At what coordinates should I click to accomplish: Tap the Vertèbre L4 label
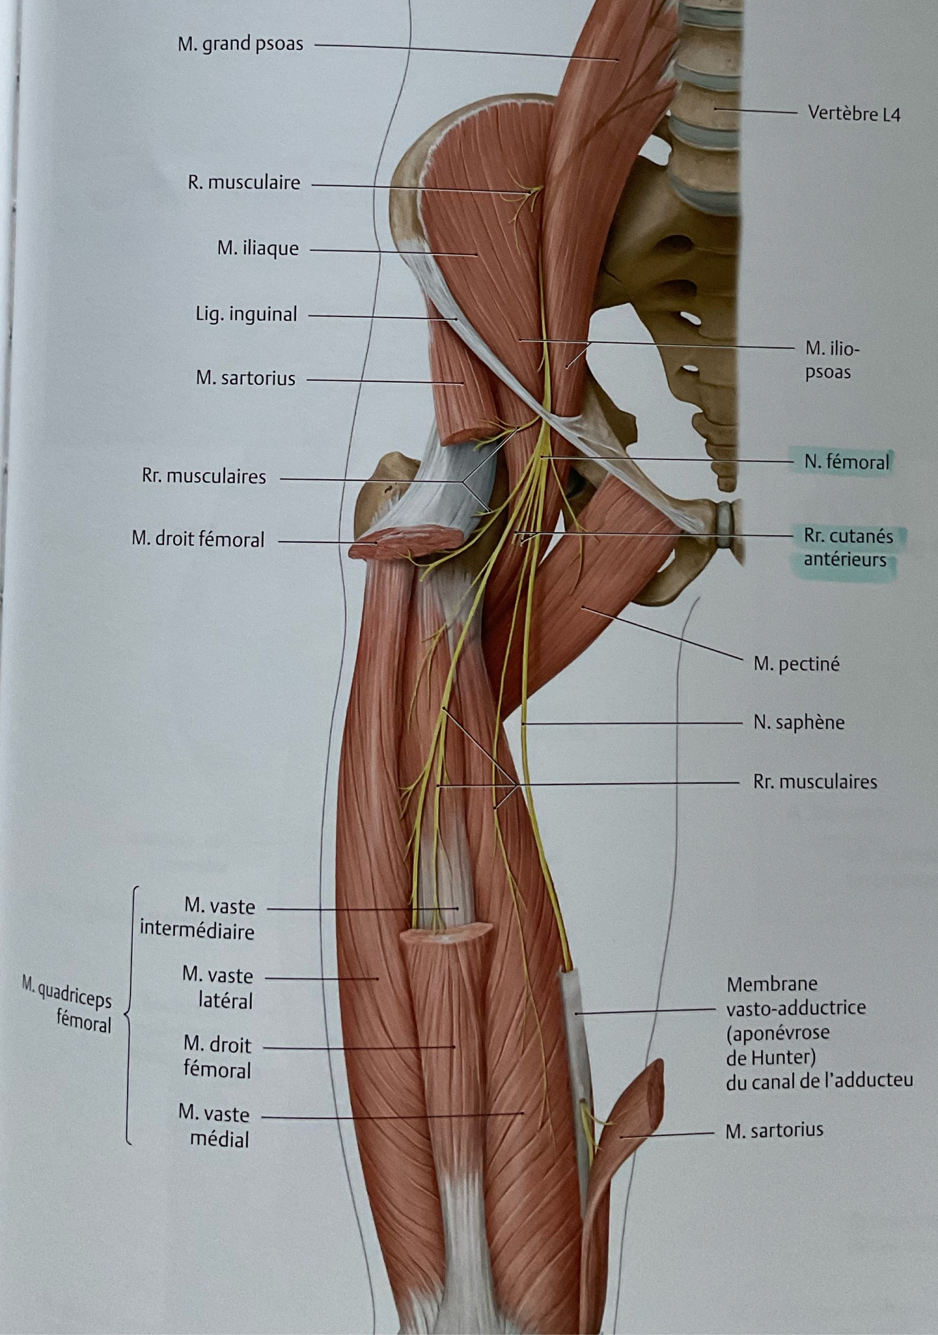tap(854, 113)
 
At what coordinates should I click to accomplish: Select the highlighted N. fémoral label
tap(847, 462)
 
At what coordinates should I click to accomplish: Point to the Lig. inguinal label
tap(246, 314)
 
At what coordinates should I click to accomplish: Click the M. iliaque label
tap(257, 248)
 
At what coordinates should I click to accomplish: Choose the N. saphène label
tap(799, 722)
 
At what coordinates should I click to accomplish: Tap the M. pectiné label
tap(796, 663)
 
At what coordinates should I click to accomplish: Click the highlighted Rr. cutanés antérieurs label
tap(847, 548)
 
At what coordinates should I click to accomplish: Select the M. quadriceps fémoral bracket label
tap(67, 1002)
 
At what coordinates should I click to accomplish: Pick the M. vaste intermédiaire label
tap(198, 919)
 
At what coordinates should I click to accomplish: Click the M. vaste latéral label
tap(218, 988)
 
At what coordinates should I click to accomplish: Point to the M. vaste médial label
tap(214, 1126)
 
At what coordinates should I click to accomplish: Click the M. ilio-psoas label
tap(833, 359)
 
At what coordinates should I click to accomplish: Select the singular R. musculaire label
tap(243, 183)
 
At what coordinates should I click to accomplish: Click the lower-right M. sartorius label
tap(773, 1130)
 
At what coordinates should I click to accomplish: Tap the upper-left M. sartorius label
tap(245, 378)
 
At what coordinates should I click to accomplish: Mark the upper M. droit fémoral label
tap(198, 539)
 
